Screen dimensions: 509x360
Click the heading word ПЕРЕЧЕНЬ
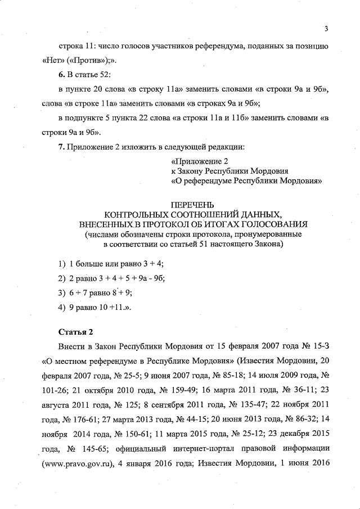pos(192,205)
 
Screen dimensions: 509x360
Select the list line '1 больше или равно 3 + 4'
pos(116,264)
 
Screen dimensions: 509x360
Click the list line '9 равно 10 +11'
pos(100,307)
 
